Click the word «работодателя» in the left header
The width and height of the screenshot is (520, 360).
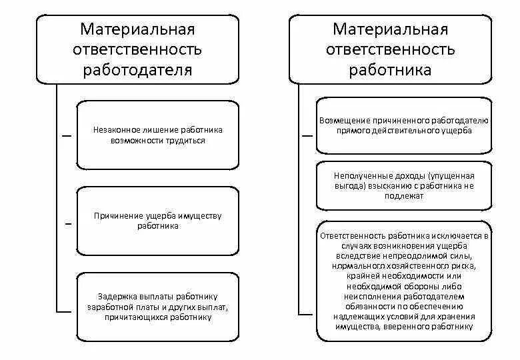tap(138, 70)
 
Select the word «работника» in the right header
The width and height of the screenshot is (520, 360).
tap(391, 70)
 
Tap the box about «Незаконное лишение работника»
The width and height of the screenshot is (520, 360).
tap(157, 135)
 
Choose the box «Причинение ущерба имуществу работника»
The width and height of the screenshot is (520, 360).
tap(157, 221)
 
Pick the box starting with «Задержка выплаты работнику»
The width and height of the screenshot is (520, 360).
tap(157, 307)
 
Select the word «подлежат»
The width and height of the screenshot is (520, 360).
tap(404, 196)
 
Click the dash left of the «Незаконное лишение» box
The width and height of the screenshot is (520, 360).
tap(67, 135)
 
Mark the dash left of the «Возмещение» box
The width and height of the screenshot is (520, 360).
tap(307, 135)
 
